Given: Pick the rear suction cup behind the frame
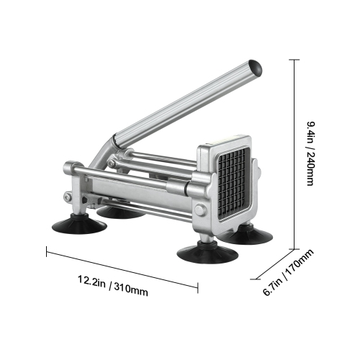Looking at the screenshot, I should [x=118, y=212].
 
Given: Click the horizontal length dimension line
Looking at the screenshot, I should [x=122, y=269].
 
